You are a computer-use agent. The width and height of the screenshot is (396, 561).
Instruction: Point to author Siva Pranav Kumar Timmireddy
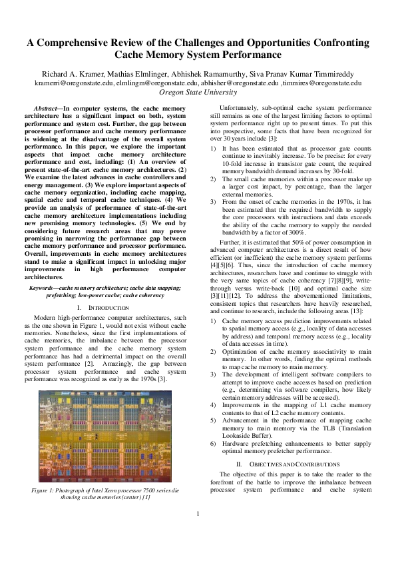coord(306,74)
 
